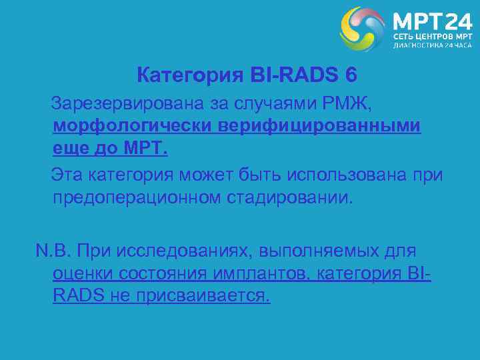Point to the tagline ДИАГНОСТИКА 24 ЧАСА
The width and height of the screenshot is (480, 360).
[x=432, y=46]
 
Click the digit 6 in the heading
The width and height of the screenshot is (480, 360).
[x=351, y=76]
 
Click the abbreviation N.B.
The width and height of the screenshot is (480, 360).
[x=53, y=251]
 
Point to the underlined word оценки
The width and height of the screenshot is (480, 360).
[x=83, y=273]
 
